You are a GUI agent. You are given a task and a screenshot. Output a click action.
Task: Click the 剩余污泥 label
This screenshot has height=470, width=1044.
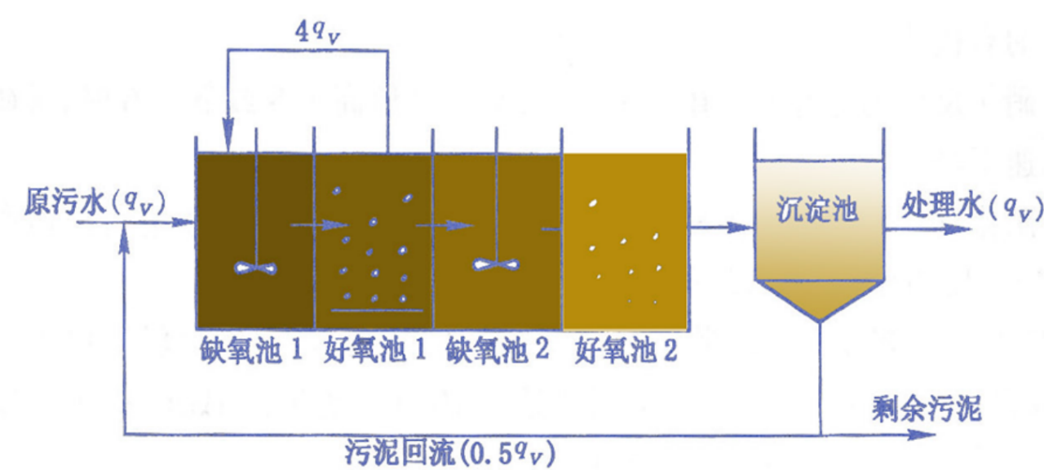click(927, 407)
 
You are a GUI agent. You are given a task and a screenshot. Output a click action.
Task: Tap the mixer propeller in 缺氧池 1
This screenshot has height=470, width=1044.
click(256, 267)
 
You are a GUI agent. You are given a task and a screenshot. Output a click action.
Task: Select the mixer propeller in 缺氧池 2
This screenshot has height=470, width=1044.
click(496, 265)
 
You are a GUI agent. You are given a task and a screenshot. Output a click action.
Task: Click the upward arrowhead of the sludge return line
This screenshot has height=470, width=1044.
click(124, 235)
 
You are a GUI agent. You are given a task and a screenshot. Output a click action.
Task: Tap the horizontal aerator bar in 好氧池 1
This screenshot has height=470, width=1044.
click(376, 311)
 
